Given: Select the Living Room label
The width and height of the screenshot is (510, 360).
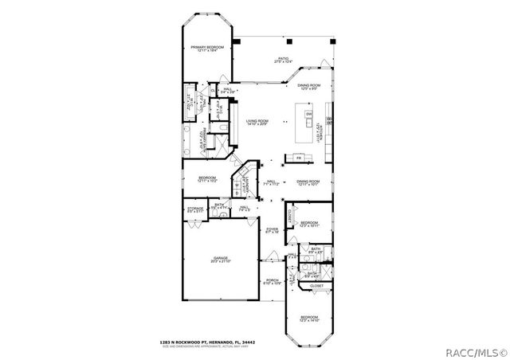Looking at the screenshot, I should [257, 122].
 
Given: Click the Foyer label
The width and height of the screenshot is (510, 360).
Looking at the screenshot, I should [273, 231].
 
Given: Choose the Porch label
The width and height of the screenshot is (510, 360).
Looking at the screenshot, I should [273, 281].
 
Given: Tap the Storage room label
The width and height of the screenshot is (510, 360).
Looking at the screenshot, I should [195, 210].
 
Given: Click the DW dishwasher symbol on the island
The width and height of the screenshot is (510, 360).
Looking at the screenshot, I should [308, 114].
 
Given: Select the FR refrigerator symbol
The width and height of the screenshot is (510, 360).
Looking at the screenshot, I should [299, 158].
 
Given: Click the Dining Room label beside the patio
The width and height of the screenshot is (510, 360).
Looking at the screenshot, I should [308, 87].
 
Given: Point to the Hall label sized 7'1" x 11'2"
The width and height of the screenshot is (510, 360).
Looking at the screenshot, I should [271, 182].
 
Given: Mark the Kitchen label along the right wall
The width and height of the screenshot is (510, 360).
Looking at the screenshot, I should [319, 131].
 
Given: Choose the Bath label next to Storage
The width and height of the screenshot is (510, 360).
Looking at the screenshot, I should [219, 205].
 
